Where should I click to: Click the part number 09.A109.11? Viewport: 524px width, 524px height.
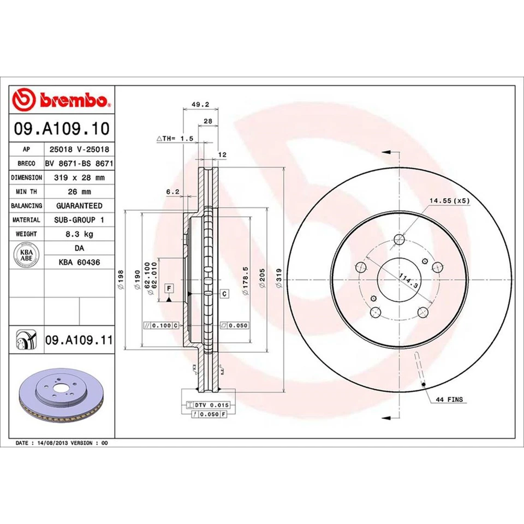pos(79,340)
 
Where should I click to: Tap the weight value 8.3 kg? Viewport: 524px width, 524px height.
pos(79,234)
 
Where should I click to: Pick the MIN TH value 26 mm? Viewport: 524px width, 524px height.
pos(79,192)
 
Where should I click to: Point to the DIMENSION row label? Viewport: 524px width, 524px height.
pos(26,177)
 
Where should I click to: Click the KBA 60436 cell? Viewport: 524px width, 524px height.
pos(79,261)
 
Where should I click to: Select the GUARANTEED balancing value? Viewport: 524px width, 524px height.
pos(79,206)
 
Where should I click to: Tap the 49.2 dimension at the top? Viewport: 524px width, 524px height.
pos(197,106)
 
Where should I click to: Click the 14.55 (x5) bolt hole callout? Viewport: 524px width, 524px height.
pos(449,200)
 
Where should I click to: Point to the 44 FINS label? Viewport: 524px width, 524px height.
pos(449,400)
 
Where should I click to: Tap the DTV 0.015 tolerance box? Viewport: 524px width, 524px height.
pos(208,404)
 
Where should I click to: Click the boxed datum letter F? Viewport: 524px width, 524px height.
pos(169,288)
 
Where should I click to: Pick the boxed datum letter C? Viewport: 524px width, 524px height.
pos(224,294)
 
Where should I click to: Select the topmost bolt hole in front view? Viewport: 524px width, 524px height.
pos(399,239)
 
